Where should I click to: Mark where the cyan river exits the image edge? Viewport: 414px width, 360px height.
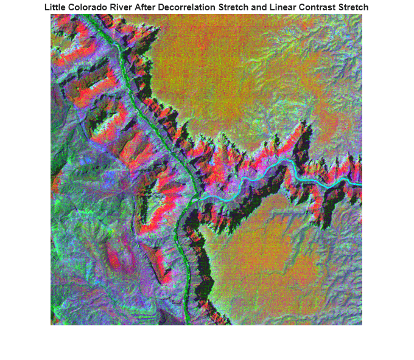tap(361, 184)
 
